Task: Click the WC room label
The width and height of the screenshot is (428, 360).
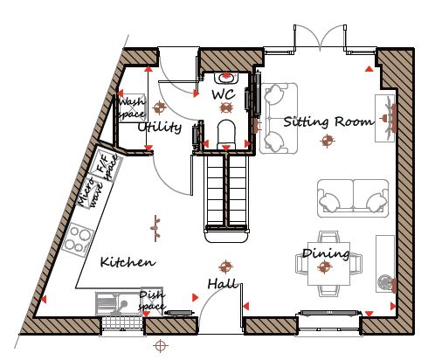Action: click(x=224, y=94)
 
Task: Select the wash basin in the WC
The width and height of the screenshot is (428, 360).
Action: click(x=226, y=78)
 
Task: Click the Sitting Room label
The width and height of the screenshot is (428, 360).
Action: click(x=328, y=121)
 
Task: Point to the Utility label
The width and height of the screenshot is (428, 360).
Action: click(x=160, y=127)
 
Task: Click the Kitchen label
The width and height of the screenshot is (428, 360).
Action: click(x=128, y=262)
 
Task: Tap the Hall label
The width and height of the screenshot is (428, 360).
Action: click(x=223, y=283)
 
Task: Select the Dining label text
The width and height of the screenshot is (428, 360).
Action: click(x=326, y=253)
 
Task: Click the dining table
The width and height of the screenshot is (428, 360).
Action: click(x=328, y=264)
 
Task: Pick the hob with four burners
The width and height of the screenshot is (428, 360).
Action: click(x=78, y=239)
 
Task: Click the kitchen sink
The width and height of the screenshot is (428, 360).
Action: click(x=118, y=304)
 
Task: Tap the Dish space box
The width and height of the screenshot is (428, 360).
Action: click(x=152, y=301)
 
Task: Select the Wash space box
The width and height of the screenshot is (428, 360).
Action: click(x=132, y=107)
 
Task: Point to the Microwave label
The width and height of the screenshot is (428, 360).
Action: click(x=91, y=192)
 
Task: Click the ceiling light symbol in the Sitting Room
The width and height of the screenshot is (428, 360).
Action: click(x=328, y=141)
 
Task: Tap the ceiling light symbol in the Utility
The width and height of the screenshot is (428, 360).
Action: click(x=159, y=107)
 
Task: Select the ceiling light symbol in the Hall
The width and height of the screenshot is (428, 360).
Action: click(x=225, y=267)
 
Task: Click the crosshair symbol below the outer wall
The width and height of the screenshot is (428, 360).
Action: click(x=161, y=346)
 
